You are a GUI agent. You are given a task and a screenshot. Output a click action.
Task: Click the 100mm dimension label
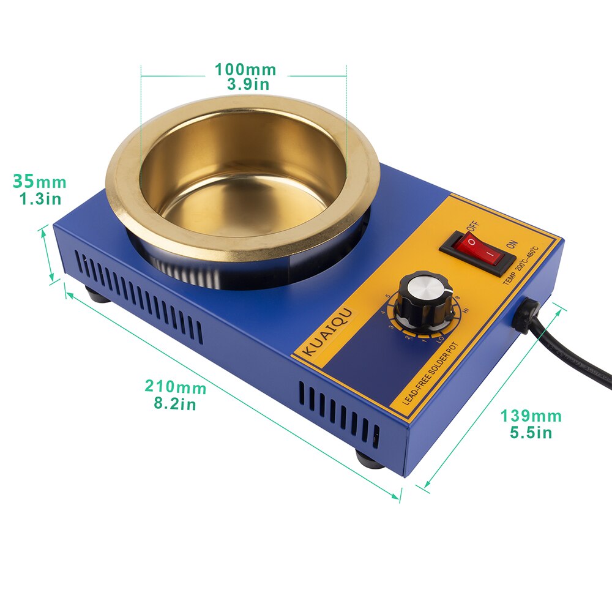245,70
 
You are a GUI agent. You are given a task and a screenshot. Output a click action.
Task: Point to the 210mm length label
176,387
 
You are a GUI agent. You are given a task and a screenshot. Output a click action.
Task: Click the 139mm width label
531,416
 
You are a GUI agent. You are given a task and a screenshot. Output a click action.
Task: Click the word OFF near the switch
472,227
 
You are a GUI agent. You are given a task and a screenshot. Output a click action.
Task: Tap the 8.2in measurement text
175,404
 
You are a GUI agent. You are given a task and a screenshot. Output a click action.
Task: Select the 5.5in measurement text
531,433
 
